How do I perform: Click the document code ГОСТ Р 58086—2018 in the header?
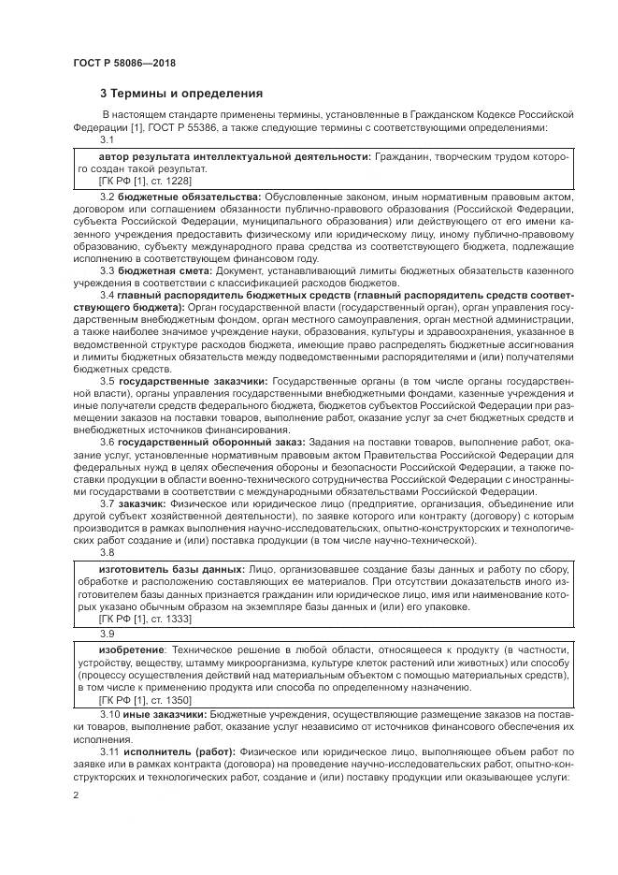point(123,64)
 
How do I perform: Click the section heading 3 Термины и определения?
point(180,94)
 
